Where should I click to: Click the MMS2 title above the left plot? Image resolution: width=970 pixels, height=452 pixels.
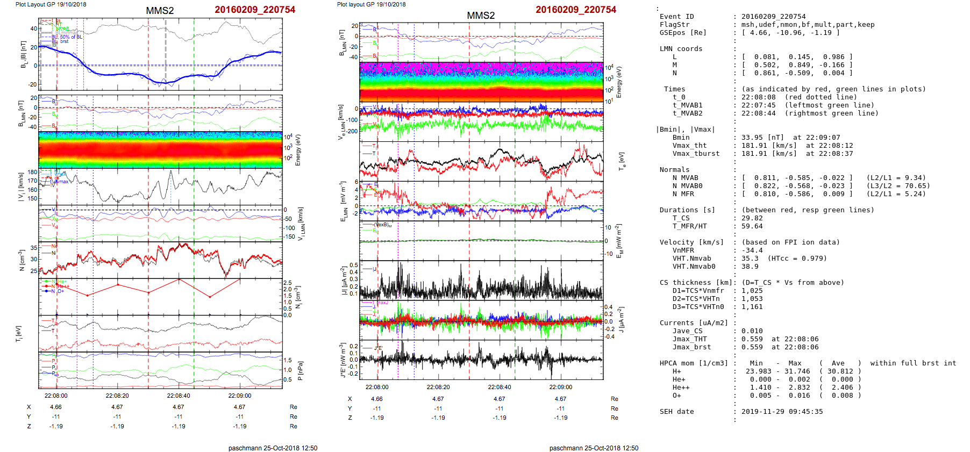160,11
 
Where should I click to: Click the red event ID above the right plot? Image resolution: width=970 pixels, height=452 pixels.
576,10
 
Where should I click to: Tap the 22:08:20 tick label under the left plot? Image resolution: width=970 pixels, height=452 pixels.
117,396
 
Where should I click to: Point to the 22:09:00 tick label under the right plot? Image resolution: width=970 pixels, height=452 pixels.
560,387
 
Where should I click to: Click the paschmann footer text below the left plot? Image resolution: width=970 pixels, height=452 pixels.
273,448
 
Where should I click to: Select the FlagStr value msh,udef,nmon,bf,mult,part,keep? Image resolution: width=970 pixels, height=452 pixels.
808,25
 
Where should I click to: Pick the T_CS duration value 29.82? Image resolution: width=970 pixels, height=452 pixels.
752,218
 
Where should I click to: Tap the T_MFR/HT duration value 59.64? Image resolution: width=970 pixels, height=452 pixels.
752,226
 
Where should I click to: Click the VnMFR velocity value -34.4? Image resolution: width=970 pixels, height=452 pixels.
752,250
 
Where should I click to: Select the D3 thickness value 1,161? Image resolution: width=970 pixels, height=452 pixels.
752,307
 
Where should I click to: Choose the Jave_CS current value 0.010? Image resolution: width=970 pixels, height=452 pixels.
752,331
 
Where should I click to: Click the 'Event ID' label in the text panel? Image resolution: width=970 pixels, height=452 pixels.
676,17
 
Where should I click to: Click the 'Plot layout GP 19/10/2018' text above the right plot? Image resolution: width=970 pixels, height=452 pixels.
371,4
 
